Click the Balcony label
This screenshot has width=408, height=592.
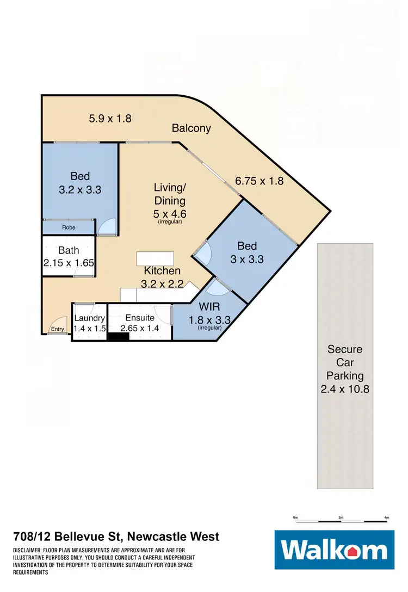[x=191, y=128]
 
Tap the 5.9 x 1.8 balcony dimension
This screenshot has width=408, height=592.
[x=110, y=118]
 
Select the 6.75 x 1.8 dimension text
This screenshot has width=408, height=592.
[x=259, y=181]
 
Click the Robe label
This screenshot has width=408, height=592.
[x=69, y=227]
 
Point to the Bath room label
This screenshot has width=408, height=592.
[x=69, y=251]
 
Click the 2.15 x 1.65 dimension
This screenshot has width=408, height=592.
[x=69, y=263]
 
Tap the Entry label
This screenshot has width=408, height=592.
[x=57, y=329]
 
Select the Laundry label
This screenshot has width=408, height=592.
[x=89, y=318]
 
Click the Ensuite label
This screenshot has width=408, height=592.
[x=140, y=318]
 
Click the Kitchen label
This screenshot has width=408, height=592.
[x=162, y=271]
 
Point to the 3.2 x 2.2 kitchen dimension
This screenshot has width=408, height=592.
[x=162, y=283]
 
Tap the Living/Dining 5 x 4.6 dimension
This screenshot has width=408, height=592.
[x=170, y=214]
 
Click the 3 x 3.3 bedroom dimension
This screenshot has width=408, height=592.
[x=247, y=260]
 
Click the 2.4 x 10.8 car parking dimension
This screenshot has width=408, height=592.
[x=345, y=389]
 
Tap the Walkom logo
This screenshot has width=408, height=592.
[x=334, y=550]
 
